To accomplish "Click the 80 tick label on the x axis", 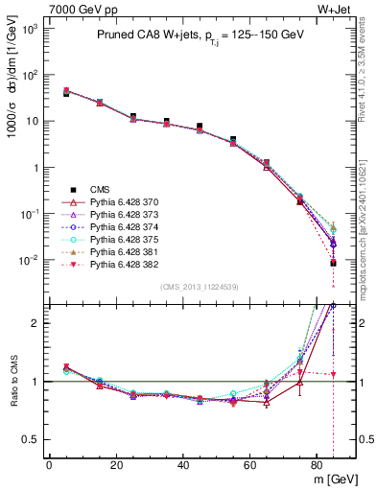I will (x=318, y=464).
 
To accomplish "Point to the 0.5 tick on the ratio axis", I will (x=34, y=440).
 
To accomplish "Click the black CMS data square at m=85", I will (x=333, y=263).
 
